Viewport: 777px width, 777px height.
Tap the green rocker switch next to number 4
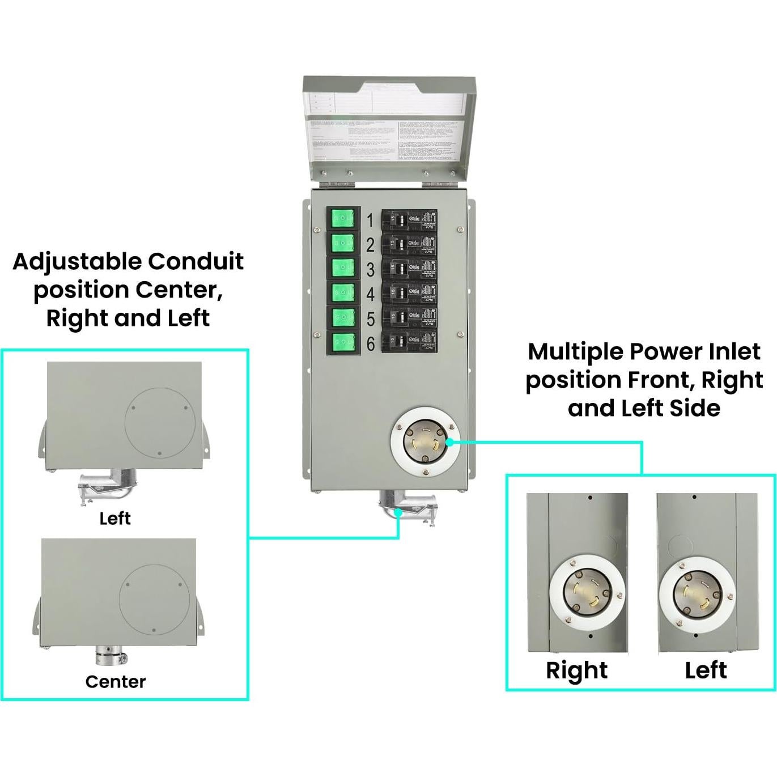click(343, 292)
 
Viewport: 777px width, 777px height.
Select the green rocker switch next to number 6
click(343, 342)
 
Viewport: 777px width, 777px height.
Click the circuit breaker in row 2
click(409, 245)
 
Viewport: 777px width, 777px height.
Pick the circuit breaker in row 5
click(409, 318)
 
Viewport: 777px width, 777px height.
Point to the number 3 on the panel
click(370, 270)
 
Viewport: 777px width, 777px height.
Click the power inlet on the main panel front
click(424, 442)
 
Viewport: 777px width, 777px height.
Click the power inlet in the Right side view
click(587, 593)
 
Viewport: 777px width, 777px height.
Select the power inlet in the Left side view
click(697, 593)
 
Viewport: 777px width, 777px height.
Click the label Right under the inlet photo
click(576, 670)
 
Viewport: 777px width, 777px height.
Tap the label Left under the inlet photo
click(706, 670)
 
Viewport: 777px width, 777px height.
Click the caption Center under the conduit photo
click(116, 681)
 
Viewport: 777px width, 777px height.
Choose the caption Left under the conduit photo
click(115, 518)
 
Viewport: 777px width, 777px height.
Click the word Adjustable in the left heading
click(77, 262)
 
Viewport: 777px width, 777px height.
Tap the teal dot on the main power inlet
click(449, 441)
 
